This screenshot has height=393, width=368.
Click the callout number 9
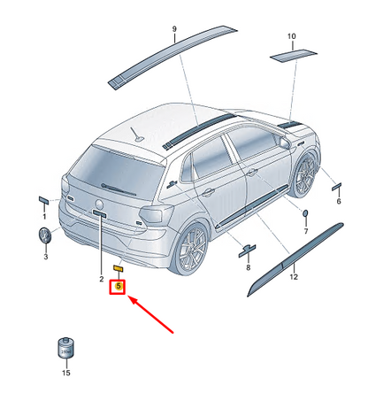point(174,29)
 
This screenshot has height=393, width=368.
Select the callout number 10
point(291,36)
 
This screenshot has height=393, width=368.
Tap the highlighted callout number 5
point(119,286)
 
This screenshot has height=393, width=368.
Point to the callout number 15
point(66,373)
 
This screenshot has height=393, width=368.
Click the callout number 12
point(294,277)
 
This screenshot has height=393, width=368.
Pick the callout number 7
point(306,231)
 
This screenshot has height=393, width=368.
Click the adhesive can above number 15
point(65,347)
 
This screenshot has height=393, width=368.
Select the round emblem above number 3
point(45,235)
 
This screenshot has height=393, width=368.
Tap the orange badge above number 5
point(119,268)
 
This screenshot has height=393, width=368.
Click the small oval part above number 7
point(305,212)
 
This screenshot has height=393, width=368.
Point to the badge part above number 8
point(247,250)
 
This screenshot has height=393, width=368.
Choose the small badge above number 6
point(337,187)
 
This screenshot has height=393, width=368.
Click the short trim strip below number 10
point(294,56)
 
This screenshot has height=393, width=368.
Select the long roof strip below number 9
point(172,57)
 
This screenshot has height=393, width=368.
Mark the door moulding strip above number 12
point(295,259)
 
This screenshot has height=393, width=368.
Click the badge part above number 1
point(44,199)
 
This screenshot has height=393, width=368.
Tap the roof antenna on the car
point(137,135)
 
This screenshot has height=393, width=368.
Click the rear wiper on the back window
point(119,189)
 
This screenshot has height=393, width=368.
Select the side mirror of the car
point(285,143)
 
